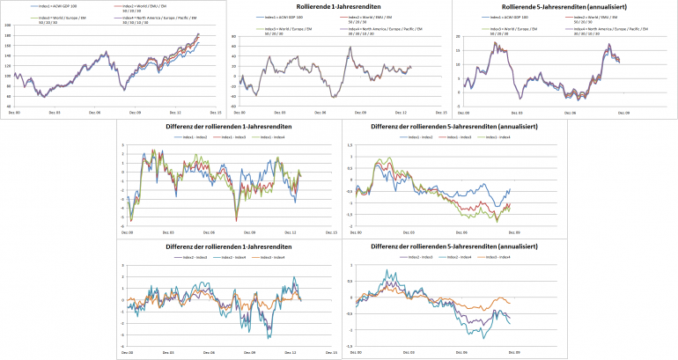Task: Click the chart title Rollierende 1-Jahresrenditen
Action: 338,7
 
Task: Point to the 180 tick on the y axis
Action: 8,35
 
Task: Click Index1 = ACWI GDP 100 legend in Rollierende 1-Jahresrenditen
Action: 283,17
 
